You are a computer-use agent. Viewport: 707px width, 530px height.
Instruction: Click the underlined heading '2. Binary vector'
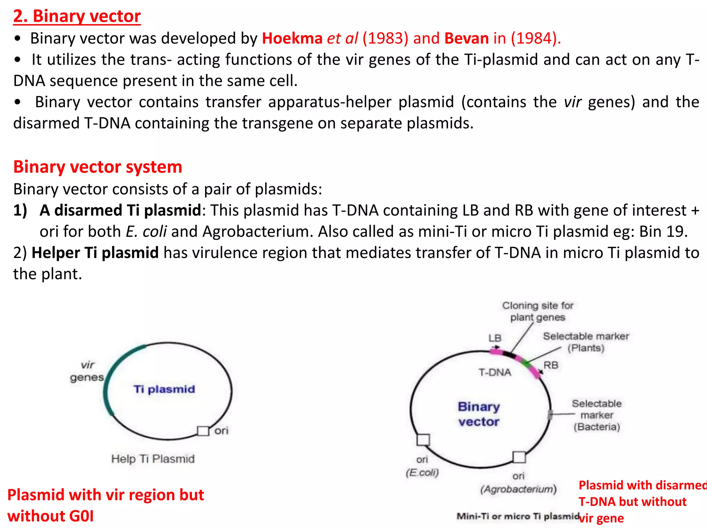(x=77, y=16)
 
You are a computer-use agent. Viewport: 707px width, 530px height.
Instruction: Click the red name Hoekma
(x=292, y=38)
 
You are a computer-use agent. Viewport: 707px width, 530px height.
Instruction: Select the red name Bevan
(x=466, y=38)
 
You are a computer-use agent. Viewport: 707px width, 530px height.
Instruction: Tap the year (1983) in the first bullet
(x=385, y=38)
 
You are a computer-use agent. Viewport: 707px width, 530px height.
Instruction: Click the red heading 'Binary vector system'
(x=98, y=167)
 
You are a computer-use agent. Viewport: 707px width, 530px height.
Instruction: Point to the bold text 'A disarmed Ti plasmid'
(x=120, y=210)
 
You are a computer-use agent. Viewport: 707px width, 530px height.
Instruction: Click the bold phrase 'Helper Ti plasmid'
(x=95, y=253)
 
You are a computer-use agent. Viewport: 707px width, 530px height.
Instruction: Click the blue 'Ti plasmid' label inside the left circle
(x=164, y=389)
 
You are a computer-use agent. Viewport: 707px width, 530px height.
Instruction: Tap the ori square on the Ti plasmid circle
(x=203, y=431)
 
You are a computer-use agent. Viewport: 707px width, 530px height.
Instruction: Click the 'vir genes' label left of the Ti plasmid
(x=87, y=371)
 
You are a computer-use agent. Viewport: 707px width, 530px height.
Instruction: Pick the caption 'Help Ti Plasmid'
(x=153, y=459)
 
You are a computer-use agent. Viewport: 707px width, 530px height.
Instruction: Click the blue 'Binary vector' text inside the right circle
(x=479, y=414)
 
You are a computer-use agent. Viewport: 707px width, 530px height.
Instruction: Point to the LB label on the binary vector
(x=495, y=338)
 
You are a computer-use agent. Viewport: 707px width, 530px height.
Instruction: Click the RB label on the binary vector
(x=551, y=365)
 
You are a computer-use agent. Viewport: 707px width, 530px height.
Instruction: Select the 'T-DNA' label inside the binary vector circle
(x=495, y=372)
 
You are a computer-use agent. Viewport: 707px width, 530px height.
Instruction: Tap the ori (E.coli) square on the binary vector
(x=423, y=440)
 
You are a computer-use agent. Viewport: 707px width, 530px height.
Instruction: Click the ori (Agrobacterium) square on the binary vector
(x=519, y=457)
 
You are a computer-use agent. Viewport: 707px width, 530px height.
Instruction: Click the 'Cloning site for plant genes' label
(x=537, y=311)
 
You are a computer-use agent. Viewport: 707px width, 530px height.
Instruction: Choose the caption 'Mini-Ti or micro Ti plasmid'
(x=517, y=516)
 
